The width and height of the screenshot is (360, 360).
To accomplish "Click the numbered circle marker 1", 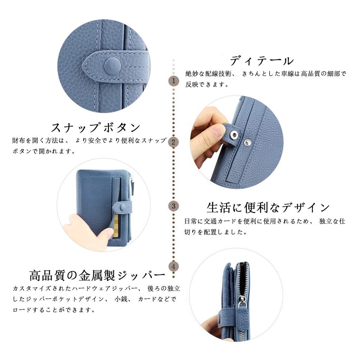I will [x=173, y=81].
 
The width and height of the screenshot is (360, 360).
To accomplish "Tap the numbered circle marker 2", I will [x=173, y=142].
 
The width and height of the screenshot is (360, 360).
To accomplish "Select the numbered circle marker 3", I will [x=173, y=206].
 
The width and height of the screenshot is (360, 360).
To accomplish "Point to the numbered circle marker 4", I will [x=173, y=266].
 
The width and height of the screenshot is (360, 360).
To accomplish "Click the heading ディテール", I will [x=262, y=61].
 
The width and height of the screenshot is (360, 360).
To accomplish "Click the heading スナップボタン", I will [x=96, y=127].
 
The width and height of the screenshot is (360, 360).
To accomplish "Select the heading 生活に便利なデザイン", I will [x=268, y=208].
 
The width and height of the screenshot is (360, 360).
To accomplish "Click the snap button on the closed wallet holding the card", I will [x=123, y=208].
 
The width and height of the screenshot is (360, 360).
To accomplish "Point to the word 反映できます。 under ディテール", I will [x=208, y=85].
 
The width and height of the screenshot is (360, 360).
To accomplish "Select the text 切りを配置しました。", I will [x=215, y=232].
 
